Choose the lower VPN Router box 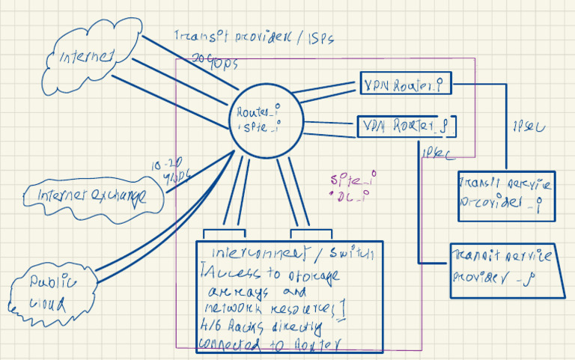(407, 126)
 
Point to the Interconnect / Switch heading (293, 252)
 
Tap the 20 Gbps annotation (215, 60)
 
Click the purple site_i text (353, 180)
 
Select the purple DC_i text (352, 196)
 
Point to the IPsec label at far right (529, 126)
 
